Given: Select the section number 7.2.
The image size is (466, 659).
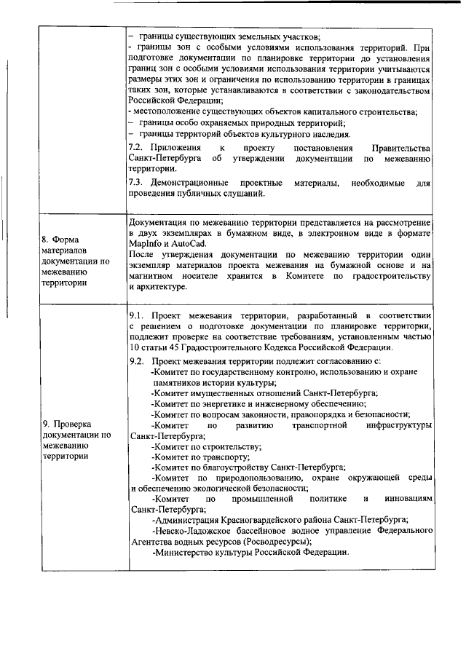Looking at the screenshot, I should pyautogui.click(x=135, y=147).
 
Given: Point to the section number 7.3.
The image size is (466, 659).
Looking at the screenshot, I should pyautogui.click(x=135, y=181).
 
